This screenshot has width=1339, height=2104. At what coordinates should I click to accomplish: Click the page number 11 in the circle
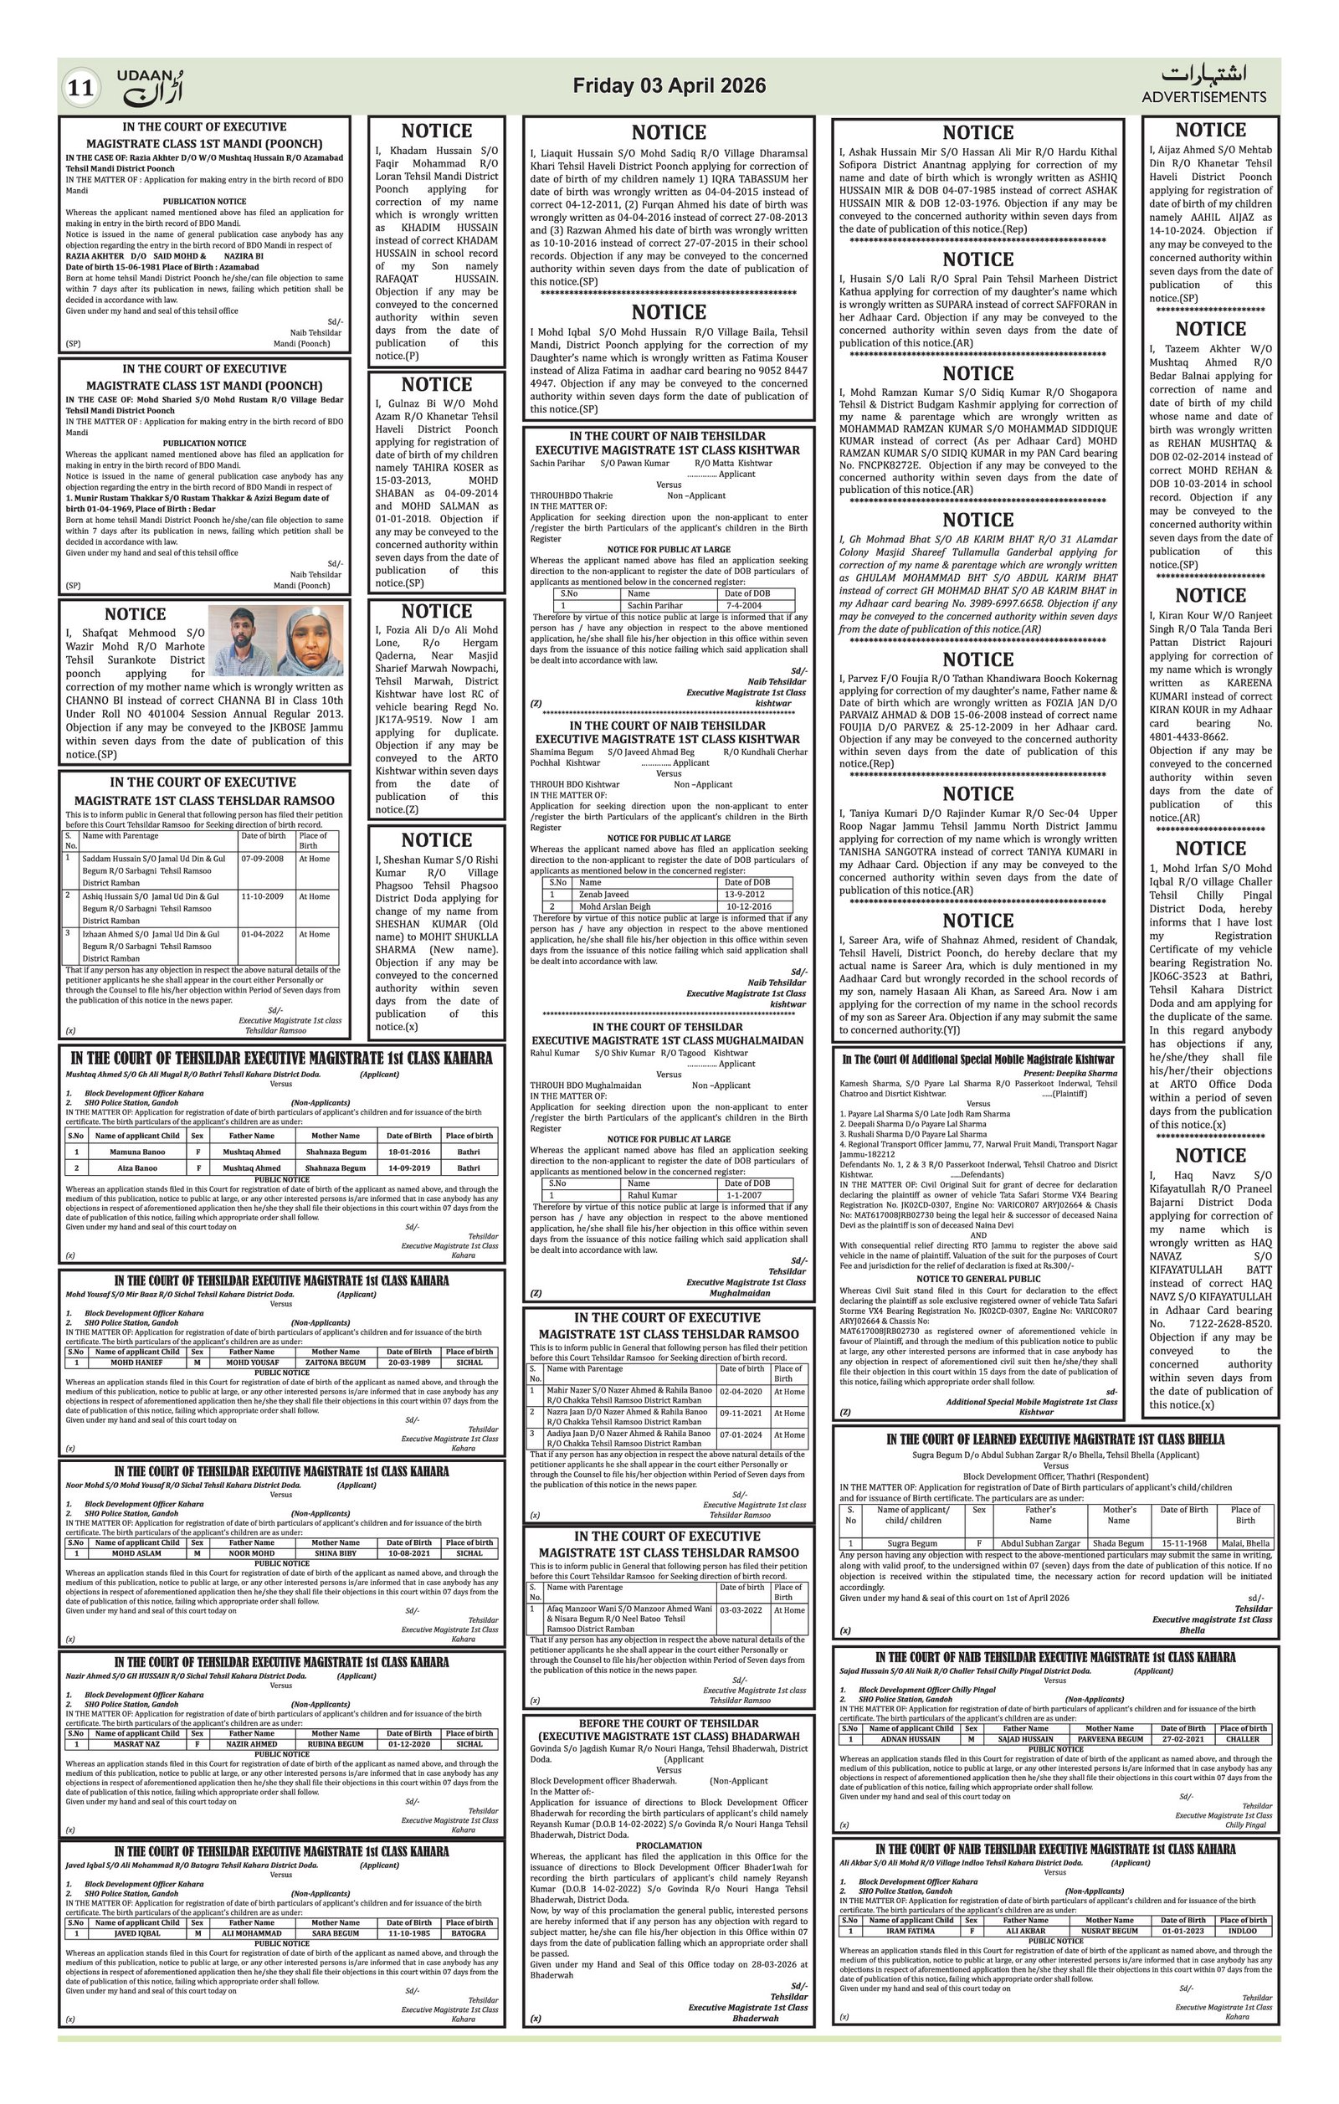(80, 88)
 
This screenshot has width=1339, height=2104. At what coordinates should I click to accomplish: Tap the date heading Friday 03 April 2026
(669, 85)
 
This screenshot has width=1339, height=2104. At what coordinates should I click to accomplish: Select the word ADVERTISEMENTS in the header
(1203, 97)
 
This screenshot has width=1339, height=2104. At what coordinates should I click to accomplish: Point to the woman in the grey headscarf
(312, 641)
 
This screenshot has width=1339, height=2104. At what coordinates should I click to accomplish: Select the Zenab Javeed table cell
(603, 894)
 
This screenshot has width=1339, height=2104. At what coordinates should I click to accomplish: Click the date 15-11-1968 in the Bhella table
(1184, 1568)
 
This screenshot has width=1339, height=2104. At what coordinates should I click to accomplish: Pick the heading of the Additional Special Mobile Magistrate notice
(977, 1059)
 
